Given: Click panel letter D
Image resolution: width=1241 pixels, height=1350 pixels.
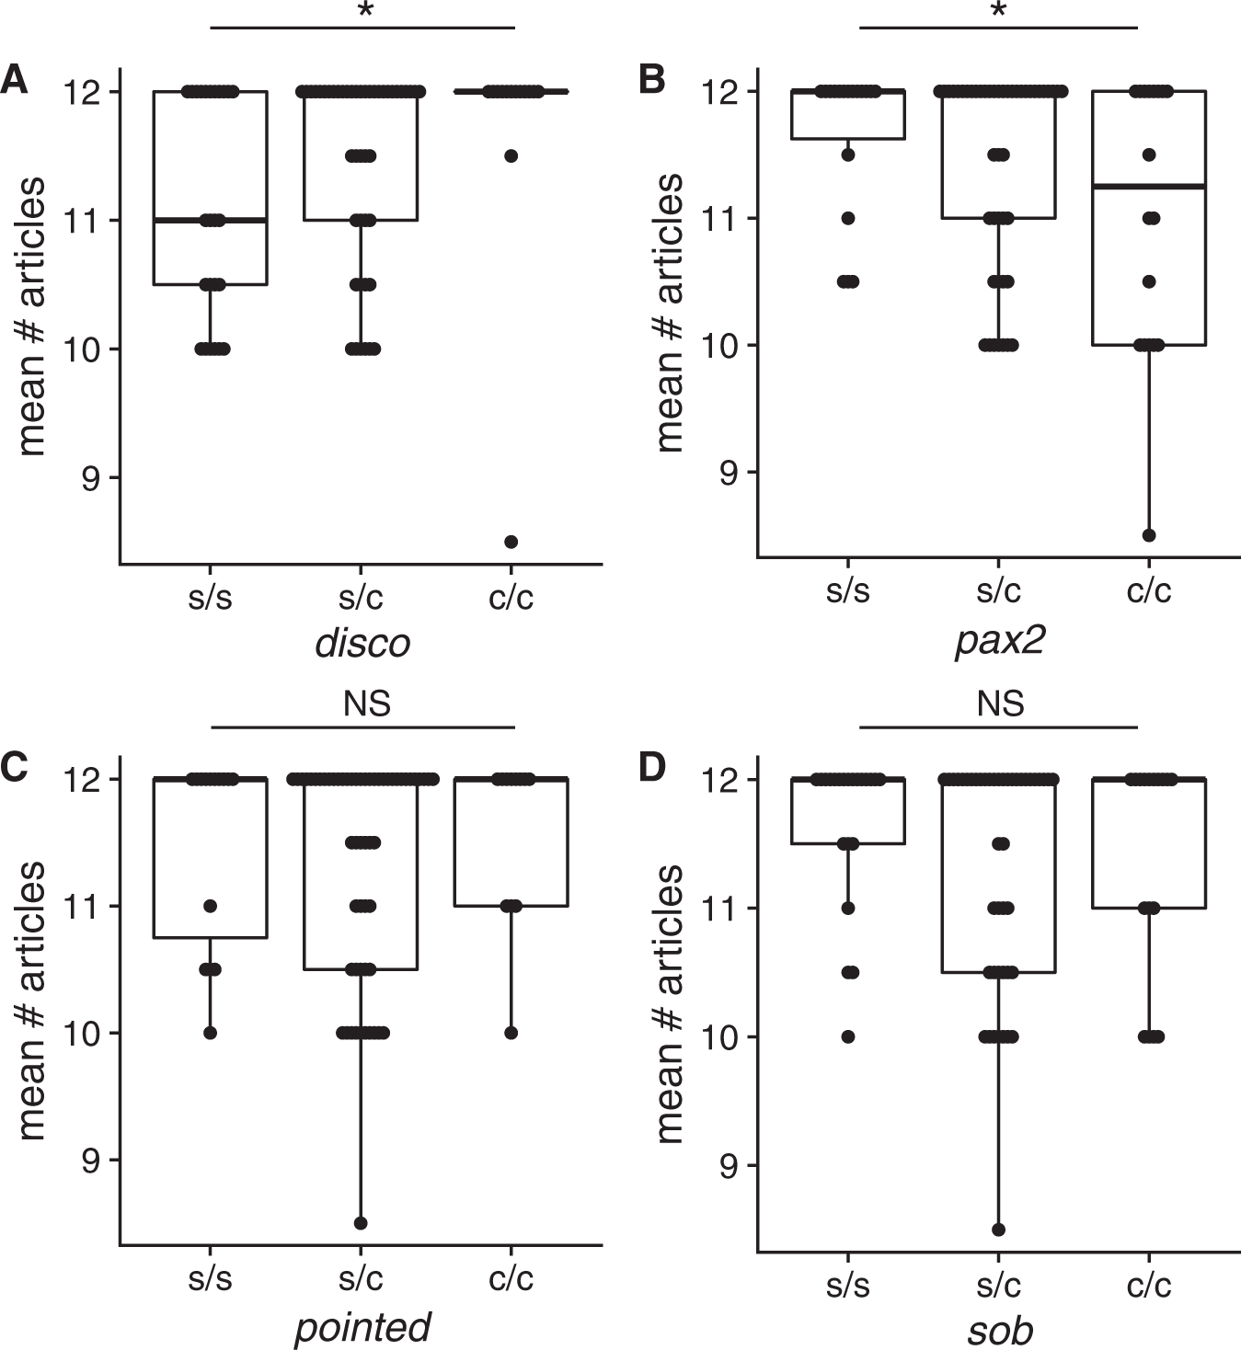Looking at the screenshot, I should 651,767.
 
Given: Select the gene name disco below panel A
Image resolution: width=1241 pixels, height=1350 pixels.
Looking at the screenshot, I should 362,643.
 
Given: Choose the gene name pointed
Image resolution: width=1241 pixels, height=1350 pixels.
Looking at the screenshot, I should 362,1327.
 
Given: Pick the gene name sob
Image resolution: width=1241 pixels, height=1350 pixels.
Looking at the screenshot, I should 999,1330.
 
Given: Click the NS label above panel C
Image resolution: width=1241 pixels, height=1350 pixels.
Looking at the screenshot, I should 366,704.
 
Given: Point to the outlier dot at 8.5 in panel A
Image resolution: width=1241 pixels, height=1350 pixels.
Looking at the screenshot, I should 511,542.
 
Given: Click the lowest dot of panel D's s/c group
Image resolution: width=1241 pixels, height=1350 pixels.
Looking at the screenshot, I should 999,1230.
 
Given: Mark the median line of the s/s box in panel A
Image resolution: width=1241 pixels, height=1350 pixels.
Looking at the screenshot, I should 210,221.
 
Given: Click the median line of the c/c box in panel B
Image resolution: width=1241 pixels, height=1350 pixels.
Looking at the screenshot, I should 1149,187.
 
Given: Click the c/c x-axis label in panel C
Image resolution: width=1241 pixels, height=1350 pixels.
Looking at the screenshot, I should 511,1278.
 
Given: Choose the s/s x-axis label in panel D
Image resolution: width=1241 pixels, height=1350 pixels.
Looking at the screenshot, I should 847,1284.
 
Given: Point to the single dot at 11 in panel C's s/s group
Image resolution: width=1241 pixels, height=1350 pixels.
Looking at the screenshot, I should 210,906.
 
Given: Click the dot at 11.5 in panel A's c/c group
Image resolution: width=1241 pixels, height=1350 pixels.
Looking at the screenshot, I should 511,155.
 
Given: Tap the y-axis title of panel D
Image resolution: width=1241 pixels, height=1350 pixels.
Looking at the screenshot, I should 672,1002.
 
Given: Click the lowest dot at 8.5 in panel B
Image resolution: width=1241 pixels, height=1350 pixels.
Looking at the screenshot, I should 1149,535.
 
